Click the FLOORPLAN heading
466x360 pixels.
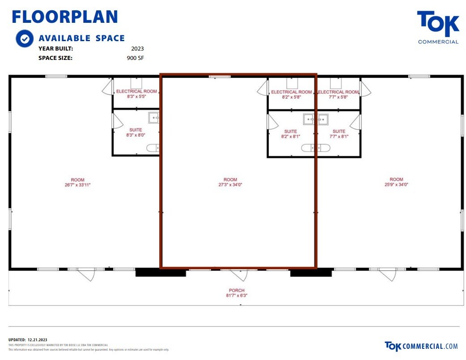64,17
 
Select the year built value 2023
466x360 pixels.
137,48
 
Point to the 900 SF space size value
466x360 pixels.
136,58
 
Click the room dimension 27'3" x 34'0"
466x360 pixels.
231,185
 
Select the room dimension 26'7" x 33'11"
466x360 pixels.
77,185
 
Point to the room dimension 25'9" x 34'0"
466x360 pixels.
396,185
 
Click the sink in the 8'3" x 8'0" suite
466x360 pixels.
153,118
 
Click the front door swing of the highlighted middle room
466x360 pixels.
238,275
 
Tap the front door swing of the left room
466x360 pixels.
87,274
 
